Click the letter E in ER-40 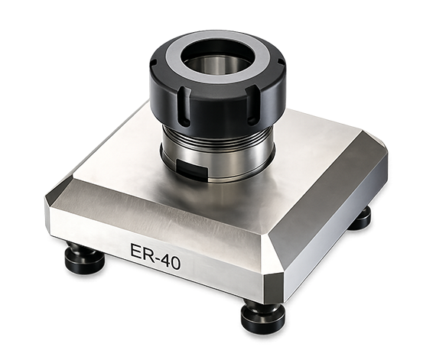click(x=136, y=252)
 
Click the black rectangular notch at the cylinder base click(x=193, y=170)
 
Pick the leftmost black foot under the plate click(x=84, y=258)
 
